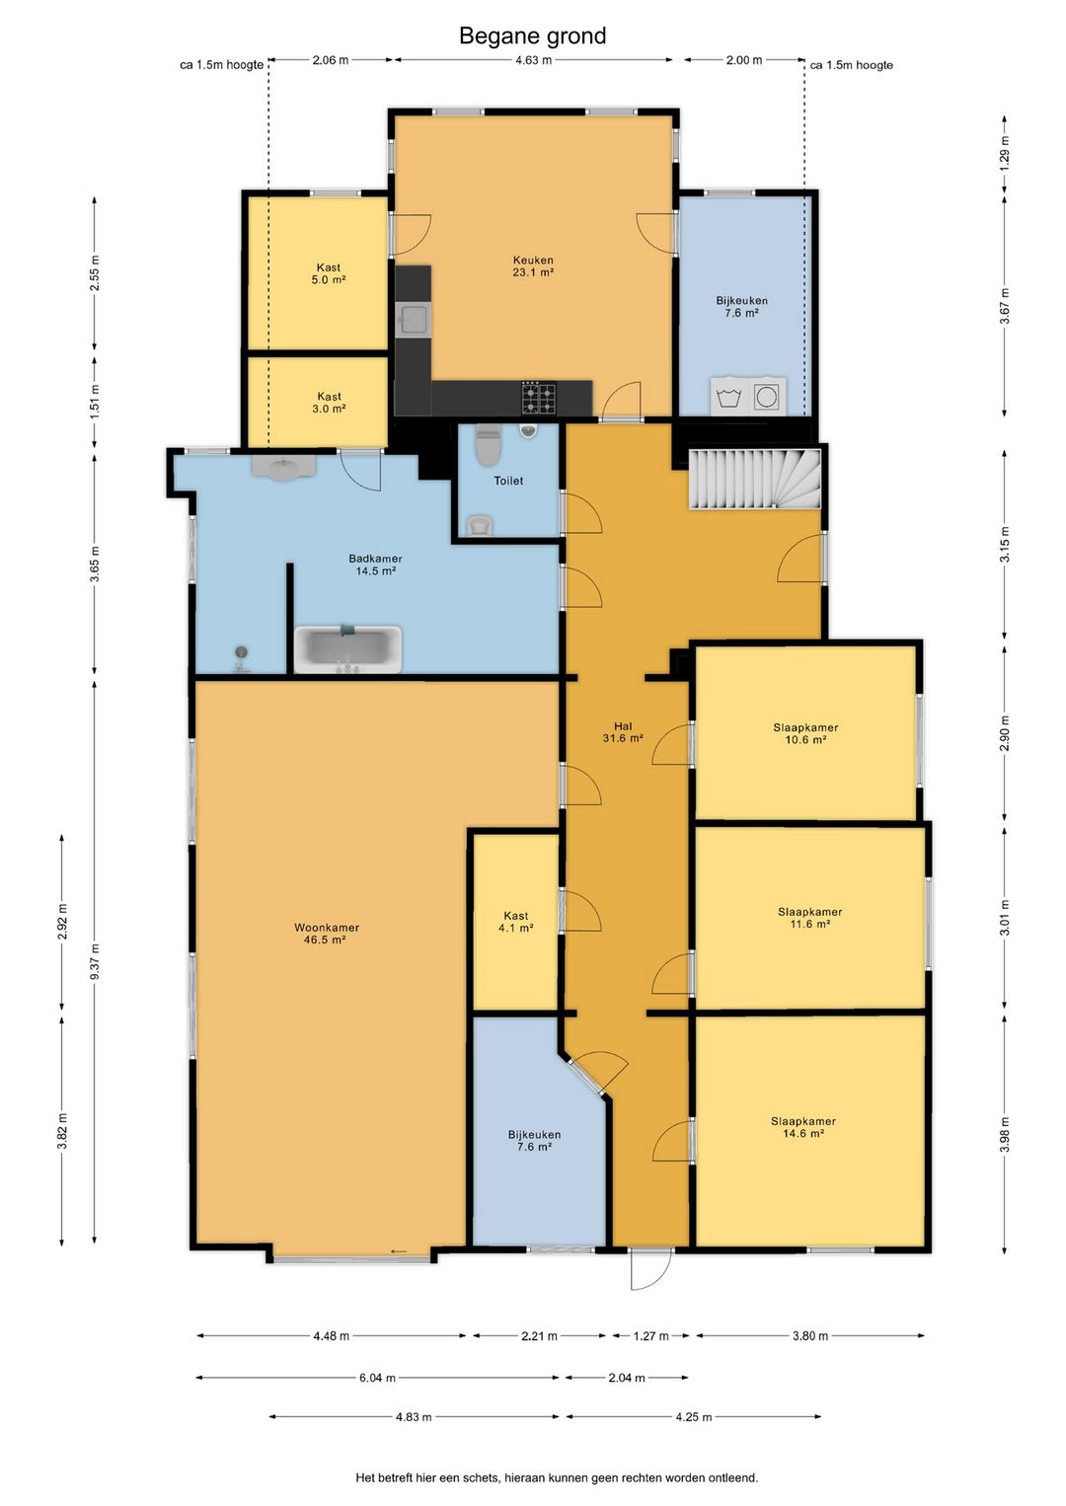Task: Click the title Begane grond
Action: [532, 36]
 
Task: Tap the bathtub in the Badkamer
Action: [347, 649]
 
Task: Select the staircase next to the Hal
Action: [754, 480]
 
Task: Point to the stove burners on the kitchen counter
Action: [539, 398]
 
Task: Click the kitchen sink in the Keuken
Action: [413, 320]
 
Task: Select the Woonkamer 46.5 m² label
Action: [326, 934]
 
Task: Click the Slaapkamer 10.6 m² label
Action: [805, 733]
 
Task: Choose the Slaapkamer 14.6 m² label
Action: [803, 1127]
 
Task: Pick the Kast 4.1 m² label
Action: [516, 922]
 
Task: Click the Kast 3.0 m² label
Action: [329, 403]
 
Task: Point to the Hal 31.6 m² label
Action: [623, 732]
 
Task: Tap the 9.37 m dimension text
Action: [95, 961]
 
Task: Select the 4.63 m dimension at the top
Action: [533, 60]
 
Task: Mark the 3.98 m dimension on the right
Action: [1005, 1134]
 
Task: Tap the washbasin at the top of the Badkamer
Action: [284, 466]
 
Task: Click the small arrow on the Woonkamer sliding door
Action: [399, 1251]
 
